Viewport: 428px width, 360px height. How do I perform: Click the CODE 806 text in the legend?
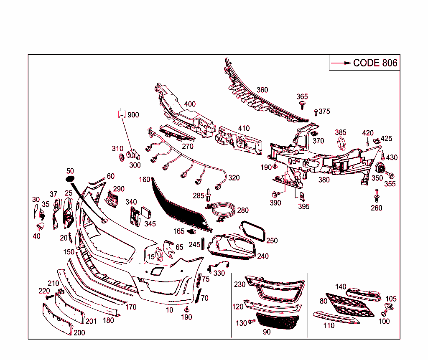[x=375, y=63]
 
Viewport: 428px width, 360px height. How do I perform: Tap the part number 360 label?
[x=262, y=90]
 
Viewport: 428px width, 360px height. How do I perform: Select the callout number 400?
[x=190, y=104]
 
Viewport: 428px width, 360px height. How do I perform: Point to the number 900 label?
[x=133, y=115]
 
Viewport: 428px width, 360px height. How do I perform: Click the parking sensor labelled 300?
[x=133, y=155]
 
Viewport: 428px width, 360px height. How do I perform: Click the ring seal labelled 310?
[x=121, y=157]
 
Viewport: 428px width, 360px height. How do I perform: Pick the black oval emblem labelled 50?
[x=70, y=179]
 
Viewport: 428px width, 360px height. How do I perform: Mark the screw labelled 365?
[x=302, y=105]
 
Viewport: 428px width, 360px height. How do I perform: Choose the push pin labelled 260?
[x=377, y=195]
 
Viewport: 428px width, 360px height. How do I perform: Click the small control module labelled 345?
[x=146, y=213]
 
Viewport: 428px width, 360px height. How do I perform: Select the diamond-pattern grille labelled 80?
[x=350, y=305]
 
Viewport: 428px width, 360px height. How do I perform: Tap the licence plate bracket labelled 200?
[x=58, y=319]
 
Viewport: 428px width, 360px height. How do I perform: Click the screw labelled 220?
[x=50, y=297]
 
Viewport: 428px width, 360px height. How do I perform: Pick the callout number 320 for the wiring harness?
[x=234, y=178]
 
